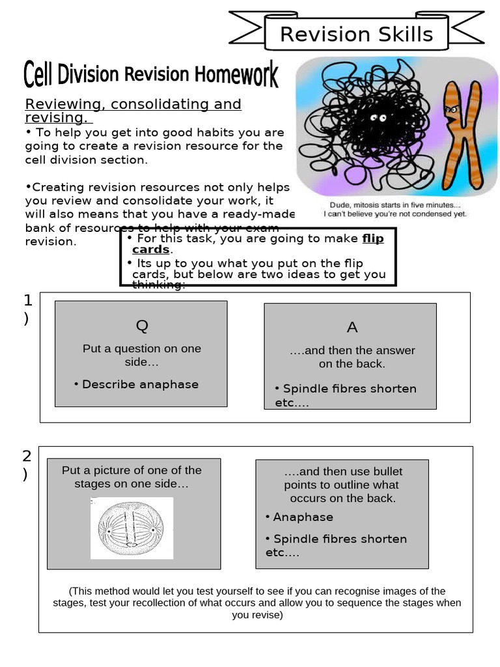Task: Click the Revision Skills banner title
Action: [x=356, y=34]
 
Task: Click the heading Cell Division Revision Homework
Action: [x=151, y=75]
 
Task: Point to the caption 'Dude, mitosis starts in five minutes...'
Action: [x=395, y=204]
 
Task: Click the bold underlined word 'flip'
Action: [x=373, y=238]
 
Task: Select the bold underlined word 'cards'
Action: [x=150, y=249]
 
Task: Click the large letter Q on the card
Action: [x=141, y=325]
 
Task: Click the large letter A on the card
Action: [x=352, y=327]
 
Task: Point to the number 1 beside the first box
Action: [x=27, y=300]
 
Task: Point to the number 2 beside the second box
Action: [x=27, y=456]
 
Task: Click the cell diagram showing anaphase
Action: [x=132, y=528]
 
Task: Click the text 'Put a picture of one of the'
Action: [x=132, y=470]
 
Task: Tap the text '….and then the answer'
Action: [x=352, y=350]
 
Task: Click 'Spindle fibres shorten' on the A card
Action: [x=350, y=389]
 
